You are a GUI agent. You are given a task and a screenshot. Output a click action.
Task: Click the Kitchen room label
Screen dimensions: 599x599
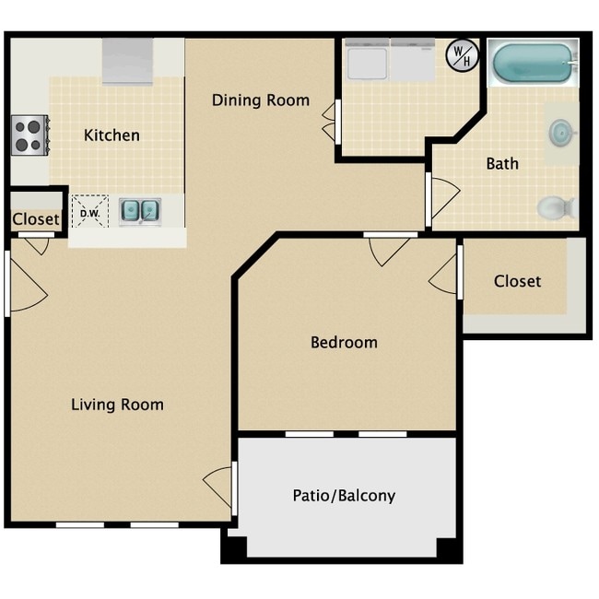pos(112,135)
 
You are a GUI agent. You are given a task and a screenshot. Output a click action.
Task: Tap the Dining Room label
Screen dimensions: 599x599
pos(261,100)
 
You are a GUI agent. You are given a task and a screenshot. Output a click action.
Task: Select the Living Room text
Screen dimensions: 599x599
pos(117,405)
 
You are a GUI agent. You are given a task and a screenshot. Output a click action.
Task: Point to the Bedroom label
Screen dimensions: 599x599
pos(344,343)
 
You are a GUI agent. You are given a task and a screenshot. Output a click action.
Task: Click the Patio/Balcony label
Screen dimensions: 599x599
pos(344,496)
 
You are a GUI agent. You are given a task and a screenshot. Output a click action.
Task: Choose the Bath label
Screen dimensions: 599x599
pos(502,164)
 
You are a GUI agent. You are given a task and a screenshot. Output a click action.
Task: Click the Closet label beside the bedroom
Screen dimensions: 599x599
pos(517,281)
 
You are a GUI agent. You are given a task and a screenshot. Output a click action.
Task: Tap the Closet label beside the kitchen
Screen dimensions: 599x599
pos(36,220)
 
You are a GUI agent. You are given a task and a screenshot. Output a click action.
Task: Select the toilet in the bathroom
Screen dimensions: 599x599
pos(556,208)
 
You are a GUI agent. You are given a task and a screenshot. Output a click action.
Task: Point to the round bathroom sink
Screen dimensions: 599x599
pos(559,133)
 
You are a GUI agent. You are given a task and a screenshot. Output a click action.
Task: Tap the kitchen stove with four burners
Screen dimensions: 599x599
pos(29,135)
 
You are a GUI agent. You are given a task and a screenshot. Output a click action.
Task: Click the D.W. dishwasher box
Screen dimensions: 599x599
pos(90,212)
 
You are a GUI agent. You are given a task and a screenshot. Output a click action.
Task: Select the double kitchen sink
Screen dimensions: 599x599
pos(140,211)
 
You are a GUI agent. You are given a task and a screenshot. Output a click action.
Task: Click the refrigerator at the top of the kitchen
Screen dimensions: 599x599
pos(127,62)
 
